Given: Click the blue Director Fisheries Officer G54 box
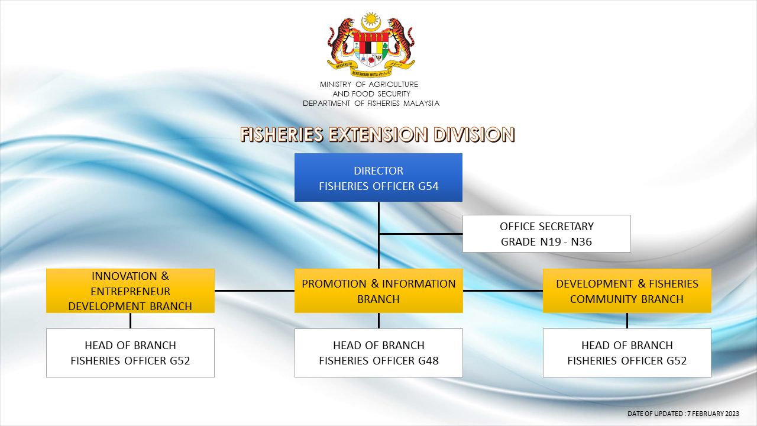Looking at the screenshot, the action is point(378,177).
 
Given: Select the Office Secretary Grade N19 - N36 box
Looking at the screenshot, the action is point(546,234).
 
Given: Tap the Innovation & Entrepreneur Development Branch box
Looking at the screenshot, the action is point(130,291).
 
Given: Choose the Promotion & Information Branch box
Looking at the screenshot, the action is point(378,291).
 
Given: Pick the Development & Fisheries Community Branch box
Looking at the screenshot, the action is point(627,291).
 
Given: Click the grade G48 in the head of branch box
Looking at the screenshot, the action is point(428,361).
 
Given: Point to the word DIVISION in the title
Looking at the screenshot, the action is point(474,134).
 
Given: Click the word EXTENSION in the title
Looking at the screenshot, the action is point(378,134).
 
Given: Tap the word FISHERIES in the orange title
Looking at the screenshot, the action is point(282,134).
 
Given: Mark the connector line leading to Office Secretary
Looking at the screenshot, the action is point(420,234).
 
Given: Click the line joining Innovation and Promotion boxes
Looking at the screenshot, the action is point(254,291).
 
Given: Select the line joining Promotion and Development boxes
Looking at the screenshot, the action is point(503,291).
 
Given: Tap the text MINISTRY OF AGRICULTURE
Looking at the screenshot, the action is point(369,84).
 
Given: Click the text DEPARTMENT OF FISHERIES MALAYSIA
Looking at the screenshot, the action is point(371,103).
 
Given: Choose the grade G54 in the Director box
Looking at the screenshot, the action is point(428,186).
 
